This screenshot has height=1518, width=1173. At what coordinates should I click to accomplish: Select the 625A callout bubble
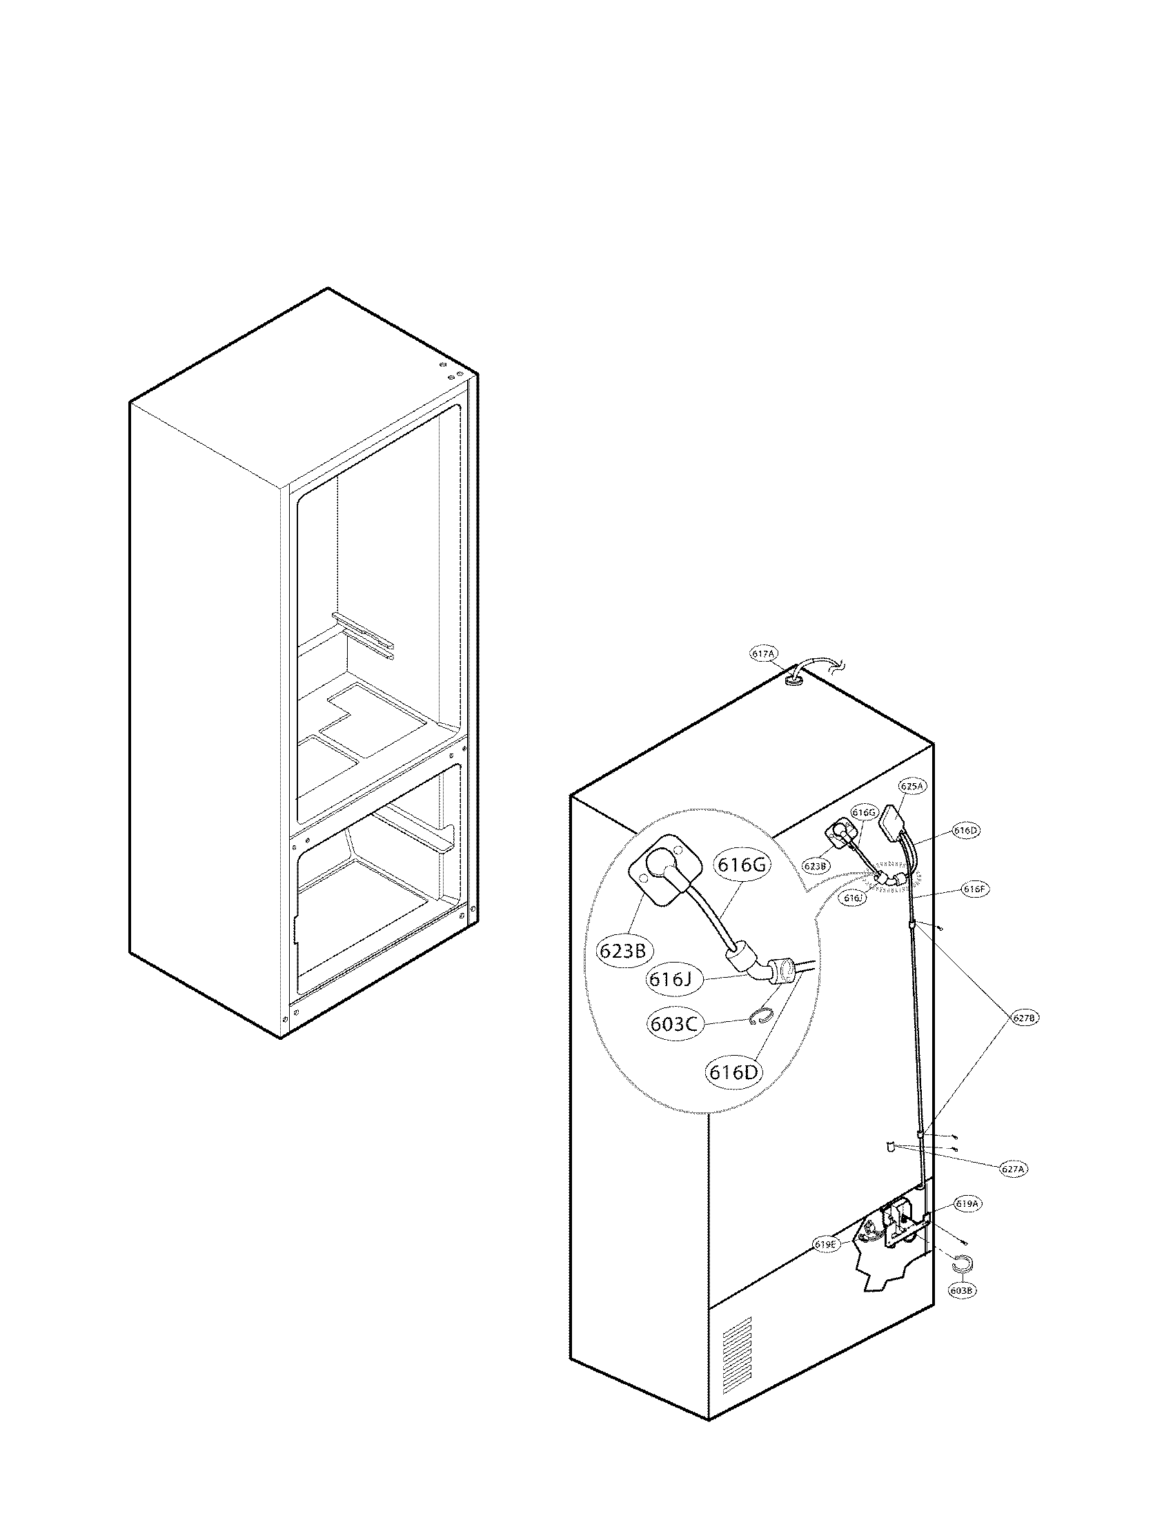[x=911, y=786]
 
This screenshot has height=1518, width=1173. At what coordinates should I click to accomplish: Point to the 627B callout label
[x=1024, y=1018]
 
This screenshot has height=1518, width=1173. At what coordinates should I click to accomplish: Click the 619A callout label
[x=969, y=1203]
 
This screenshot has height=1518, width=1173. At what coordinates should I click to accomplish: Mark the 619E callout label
[x=827, y=1244]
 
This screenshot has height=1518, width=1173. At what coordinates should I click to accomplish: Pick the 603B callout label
[x=963, y=1290]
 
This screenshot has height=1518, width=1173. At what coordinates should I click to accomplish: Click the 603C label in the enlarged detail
[x=676, y=1024]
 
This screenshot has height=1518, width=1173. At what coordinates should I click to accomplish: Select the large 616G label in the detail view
[x=741, y=865]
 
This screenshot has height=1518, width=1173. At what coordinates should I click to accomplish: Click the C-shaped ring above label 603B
[x=963, y=1263]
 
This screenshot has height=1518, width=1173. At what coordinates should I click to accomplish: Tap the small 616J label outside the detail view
[x=854, y=898]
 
